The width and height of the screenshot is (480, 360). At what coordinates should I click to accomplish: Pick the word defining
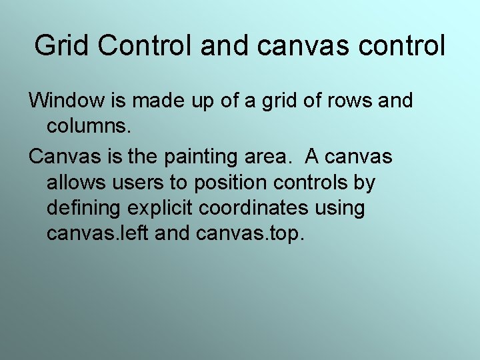click(x=83, y=208)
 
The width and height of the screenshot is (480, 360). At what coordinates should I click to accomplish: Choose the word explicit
click(x=159, y=208)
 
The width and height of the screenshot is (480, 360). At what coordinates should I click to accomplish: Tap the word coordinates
click(x=254, y=208)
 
